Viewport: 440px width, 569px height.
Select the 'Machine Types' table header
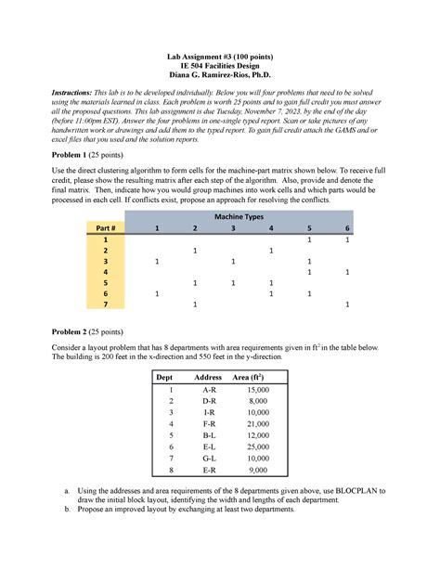pos(239,215)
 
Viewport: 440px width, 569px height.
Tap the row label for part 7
pos(106,304)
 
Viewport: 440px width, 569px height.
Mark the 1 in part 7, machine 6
pos(346,304)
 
